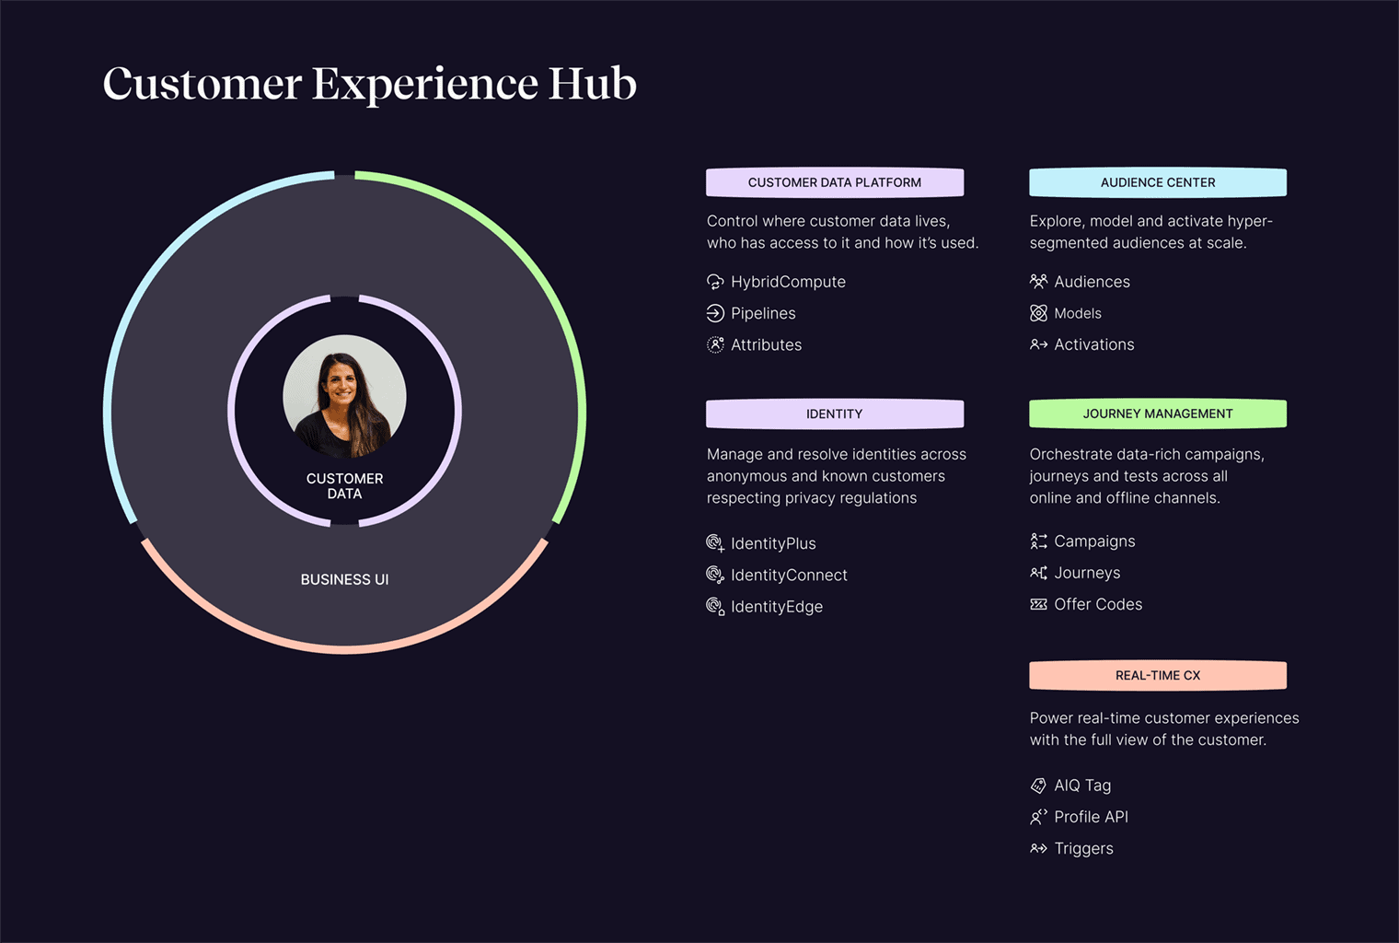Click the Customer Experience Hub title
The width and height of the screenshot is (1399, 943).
[x=369, y=84]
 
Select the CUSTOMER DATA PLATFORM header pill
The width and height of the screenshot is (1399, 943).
[x=835, y=182]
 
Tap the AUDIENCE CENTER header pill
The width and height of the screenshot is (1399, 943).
[x=1158, y=182]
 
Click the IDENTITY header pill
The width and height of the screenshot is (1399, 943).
[x=835, y=413]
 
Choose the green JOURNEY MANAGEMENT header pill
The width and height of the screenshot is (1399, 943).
[x=1158, y=413]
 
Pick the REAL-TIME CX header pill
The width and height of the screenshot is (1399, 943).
[x=1158, y=676]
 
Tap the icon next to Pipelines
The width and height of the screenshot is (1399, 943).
[x=715, y=313]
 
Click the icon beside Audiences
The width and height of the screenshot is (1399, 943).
[x=1038, y=282]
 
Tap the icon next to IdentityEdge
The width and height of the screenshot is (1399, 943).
[x=715, y=607]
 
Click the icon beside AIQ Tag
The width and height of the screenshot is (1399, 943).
[x=1038, y=786]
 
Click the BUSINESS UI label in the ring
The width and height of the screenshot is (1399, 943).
[x=345, y=580]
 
